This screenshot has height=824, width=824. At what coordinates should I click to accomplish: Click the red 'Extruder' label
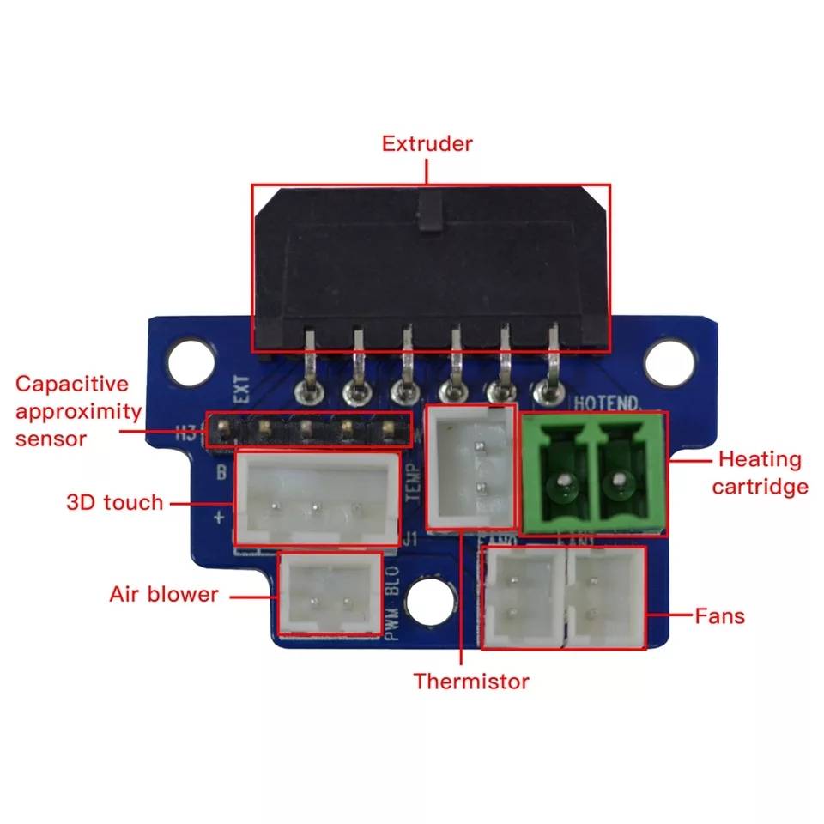(427, 143)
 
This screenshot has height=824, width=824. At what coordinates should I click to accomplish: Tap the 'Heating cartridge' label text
(760, 473)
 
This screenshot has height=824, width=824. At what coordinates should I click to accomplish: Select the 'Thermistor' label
(471, 682)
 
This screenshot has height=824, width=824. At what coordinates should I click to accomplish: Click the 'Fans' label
(719, 615)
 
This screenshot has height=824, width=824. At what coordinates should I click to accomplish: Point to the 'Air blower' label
(163, 594)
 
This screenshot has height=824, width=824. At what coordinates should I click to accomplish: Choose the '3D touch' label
(114, 502)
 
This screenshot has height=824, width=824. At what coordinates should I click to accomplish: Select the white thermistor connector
(471, 467)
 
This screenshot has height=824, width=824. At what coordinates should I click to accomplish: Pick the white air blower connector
(330, 593)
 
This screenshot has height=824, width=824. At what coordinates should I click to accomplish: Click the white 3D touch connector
(317, 498)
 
